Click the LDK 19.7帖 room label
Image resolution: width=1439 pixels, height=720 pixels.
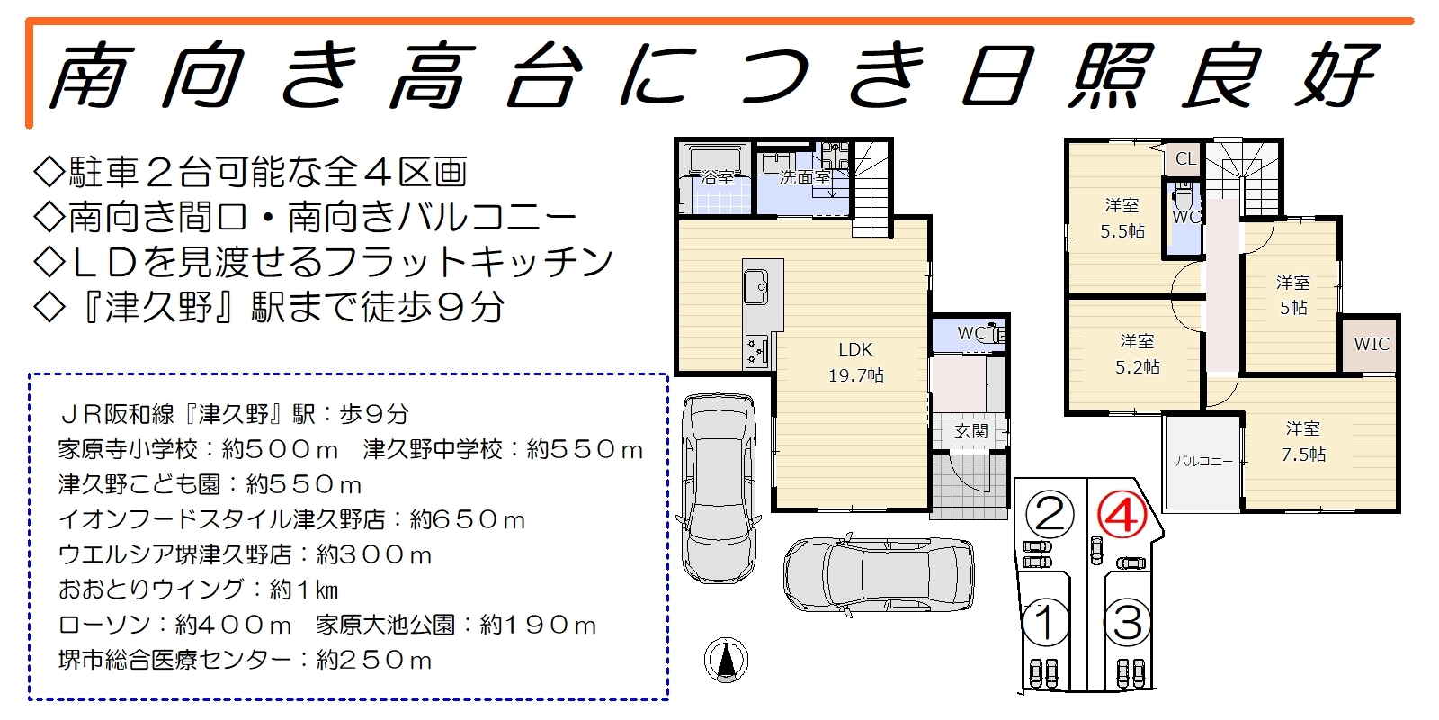pos(855,363)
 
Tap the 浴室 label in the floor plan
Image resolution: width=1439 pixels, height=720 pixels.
pos(717,177)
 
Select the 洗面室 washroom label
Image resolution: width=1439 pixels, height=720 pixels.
pos(805,177)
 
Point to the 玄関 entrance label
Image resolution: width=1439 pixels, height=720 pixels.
pos(970,431)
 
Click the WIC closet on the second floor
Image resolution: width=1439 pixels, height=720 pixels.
pos(1372,344)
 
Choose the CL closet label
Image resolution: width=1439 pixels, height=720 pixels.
pos(1186,158)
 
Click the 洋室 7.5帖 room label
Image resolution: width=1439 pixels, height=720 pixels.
pos(1303,442)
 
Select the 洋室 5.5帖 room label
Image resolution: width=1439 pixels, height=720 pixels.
pos(1122,219)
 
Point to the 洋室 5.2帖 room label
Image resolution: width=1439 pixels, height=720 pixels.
pos(1137,355)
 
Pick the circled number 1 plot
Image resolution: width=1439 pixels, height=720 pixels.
pos(1046,622)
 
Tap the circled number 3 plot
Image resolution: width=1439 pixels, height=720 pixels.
pos(1128,622)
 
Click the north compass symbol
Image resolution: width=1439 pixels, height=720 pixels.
pos(726,660)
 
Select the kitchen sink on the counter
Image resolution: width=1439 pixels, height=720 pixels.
pos(756,287)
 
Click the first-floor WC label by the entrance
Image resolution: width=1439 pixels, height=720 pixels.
pos(971,333)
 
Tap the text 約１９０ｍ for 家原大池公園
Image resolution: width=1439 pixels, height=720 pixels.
pos(539,625)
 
